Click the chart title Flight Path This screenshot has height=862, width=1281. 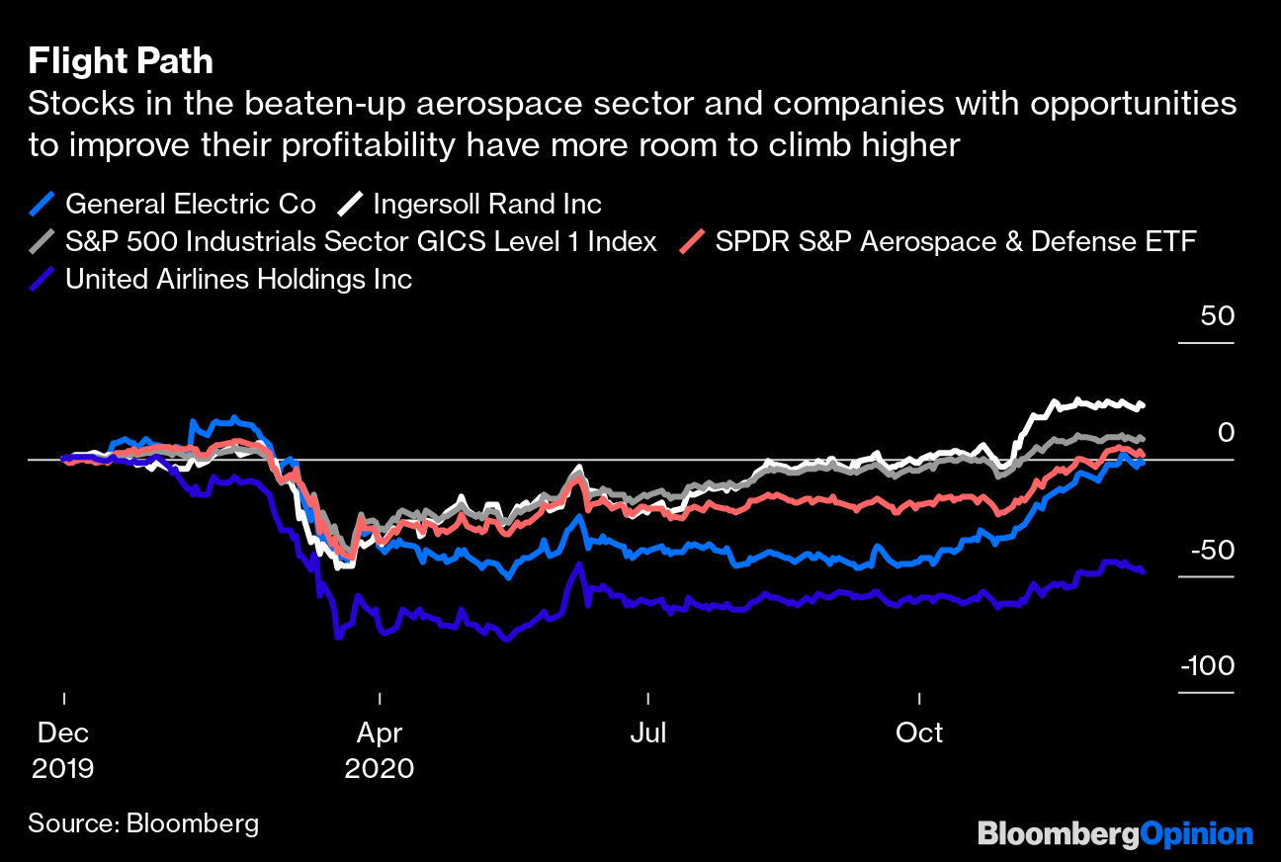tap(121, 62)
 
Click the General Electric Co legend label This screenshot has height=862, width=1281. tap(191, 205)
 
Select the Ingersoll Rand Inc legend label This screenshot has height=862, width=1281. tap(487, 205)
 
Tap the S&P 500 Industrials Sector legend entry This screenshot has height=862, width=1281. tap(361, 242)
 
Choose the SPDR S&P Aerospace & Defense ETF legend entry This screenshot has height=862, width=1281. tap(956, 242)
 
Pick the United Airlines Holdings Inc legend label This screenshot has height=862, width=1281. tap(238, 280)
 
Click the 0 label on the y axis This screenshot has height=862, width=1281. tap(1226, 433)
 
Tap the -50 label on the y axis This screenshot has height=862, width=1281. tap(1209, 551)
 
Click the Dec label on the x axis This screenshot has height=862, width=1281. tap(63, 733)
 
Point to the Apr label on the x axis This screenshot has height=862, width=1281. tap(379, 733)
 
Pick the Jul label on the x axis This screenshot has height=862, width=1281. tap(648, 733)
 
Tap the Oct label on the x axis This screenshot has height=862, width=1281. tap(919, 733)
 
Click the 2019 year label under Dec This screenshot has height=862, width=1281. tap(63, 768)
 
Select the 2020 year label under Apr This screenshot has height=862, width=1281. tap(379, 768)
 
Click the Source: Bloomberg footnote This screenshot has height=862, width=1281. tap(143, 823)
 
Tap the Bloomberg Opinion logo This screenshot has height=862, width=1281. tap(1115, 834)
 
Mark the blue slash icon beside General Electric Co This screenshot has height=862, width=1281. tap(42, 205)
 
